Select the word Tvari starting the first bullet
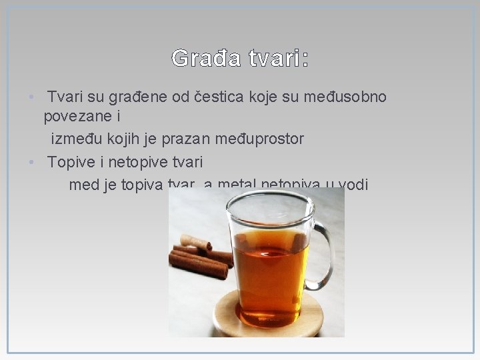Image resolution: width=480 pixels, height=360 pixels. point(66,98)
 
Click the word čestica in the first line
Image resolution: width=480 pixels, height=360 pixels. point(218,98)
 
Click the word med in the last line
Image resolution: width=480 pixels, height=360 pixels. point(83,185)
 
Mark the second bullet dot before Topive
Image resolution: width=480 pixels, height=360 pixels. point(31,162)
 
